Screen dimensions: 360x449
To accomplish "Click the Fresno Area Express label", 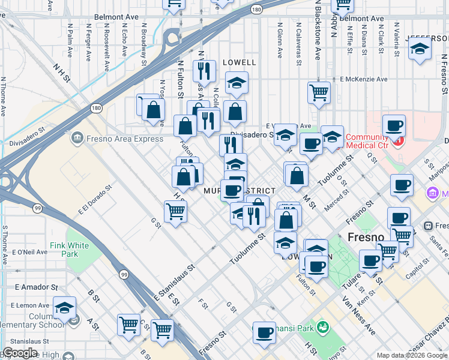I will tap(124, 139).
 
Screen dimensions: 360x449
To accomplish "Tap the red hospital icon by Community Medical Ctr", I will tap(397, 143).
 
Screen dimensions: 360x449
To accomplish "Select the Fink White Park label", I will tap(70, 250).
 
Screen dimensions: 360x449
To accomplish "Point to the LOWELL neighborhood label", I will tap(240, 62).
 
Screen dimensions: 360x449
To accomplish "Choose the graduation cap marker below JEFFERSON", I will tap(420, 50).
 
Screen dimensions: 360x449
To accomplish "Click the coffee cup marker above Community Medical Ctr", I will tap(394, 125).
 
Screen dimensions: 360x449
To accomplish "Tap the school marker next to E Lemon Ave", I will tap(64, 308).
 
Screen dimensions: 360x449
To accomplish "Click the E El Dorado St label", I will tap(95, 200).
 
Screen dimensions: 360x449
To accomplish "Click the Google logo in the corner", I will tap(20, 353).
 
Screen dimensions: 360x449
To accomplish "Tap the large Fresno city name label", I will tap(366, 237).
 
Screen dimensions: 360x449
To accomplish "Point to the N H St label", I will tap(62, 74).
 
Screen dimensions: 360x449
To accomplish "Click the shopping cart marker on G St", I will tap(175, 211).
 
